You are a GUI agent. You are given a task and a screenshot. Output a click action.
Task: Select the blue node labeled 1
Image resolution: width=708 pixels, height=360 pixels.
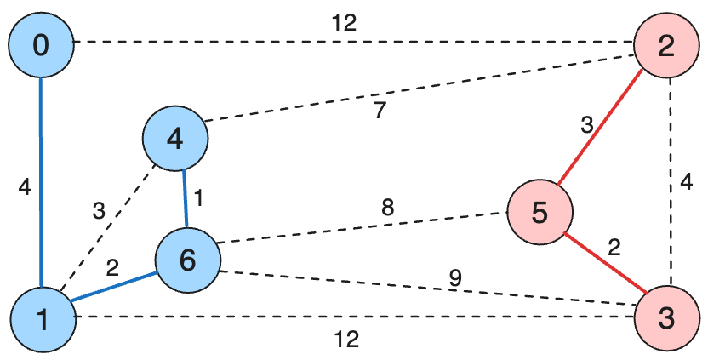click(42, 318)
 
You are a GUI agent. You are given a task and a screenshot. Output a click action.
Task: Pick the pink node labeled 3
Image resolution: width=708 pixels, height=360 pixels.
click(666, 318)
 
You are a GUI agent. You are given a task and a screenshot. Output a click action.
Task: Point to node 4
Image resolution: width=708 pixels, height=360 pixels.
click(175, 138)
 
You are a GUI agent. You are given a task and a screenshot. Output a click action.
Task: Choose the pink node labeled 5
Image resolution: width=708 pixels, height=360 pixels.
click(539, 212)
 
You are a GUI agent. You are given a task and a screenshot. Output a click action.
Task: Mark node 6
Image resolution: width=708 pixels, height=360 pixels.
click(187, 260)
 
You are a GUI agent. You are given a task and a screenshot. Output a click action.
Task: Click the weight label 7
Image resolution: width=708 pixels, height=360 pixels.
click(380, 111)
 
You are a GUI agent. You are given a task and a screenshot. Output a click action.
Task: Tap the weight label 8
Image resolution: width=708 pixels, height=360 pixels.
click(387, 206)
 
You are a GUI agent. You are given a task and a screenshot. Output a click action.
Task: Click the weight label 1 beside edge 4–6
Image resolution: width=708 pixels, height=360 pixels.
click(199, 198)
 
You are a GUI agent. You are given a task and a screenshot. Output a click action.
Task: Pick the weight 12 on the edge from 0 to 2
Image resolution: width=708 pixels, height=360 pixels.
click(344, 23)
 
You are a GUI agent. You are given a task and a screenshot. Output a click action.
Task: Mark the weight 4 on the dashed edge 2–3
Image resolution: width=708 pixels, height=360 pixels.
click(687, 181)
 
